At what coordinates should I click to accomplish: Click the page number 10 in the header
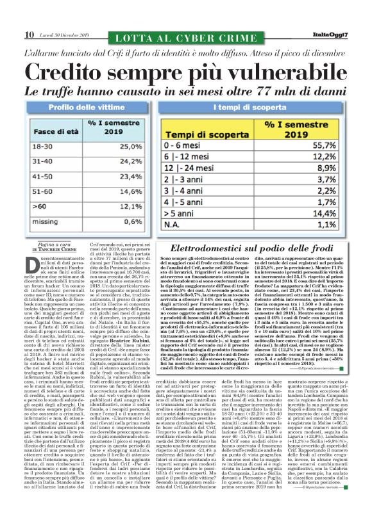point(30,35)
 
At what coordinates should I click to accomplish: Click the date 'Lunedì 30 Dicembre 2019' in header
point(65,35)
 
